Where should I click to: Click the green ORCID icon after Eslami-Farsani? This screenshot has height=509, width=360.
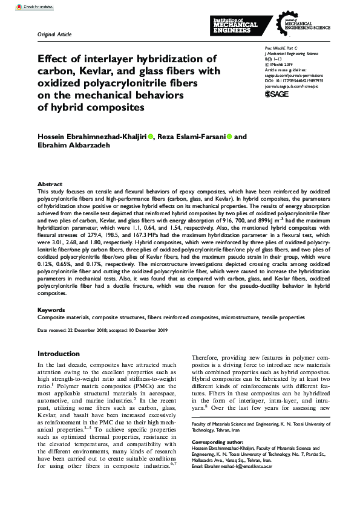(x=229, y=137)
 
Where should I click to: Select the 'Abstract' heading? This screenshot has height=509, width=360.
(x=50, y=184)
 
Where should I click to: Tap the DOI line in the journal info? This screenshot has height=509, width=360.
(x=294, y=79)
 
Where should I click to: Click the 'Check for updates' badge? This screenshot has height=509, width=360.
(x=19, y=7)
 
